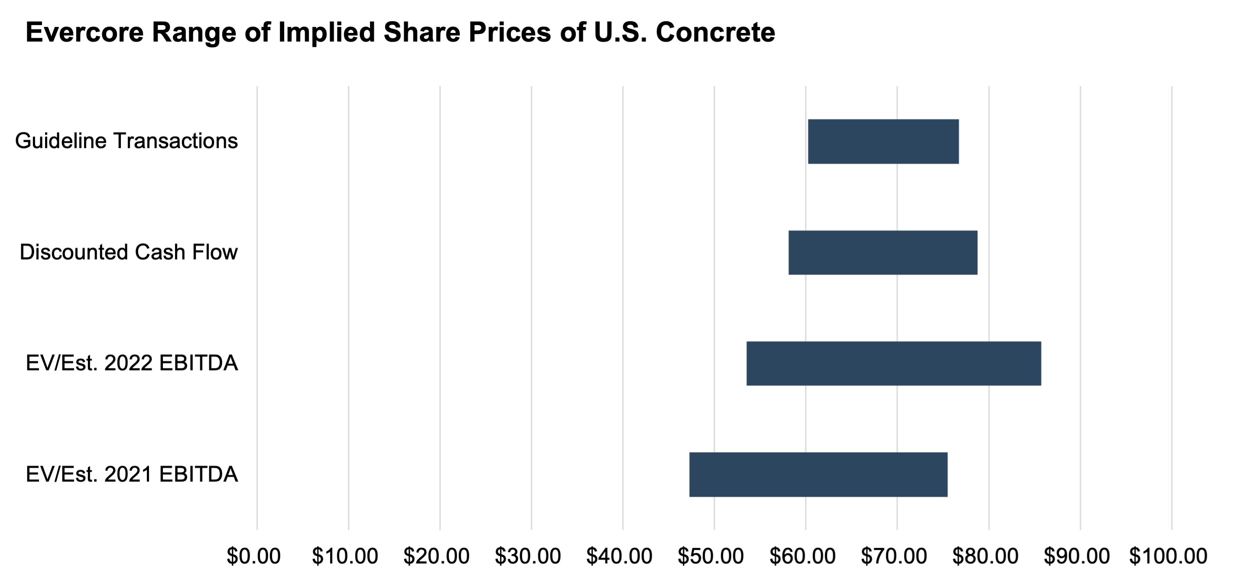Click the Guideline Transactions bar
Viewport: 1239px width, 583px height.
pyautogui.click(x=883, y=141)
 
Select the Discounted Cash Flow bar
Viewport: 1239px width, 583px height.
pyautogui.click(x=882, y=253)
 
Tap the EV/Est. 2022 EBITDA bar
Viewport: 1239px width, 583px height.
pyautogui.click(x=894, y=364)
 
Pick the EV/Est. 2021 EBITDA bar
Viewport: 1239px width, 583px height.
pyautogui.click(x=818, y=474)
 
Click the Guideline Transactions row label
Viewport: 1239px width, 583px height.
pyautogui.click(x=126, y=141)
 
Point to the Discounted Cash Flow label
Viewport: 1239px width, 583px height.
pyautogui.click(x=128, y=252)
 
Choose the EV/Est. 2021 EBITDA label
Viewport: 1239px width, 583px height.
pyautogui.click(x=132, y=474)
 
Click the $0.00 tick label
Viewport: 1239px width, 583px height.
pyautogui.click(x=253, y=556)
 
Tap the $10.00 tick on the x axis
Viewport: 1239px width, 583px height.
pyautogui.click(x=345, y=556)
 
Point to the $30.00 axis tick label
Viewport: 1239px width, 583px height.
pyautogui.click(x=528, y=556)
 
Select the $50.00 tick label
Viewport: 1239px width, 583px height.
pyautogui.click(x=710, y=556)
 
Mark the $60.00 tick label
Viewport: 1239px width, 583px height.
pyautogui.click(x=802, y=556)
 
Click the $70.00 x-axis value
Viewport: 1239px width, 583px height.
pyautogui.click(x=894, y=556)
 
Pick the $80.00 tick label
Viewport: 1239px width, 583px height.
pyautogui.click(x=985, y=556)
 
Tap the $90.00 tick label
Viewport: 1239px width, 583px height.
pyautogui.click(x=1077, y=556)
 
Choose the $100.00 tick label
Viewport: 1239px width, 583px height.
pyautogui.click(x=1168, y=556)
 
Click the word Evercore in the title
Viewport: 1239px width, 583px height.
pyautogui.click(x=84, y=33)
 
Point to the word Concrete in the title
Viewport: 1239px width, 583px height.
pyautogui.click(x=715, y=33)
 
